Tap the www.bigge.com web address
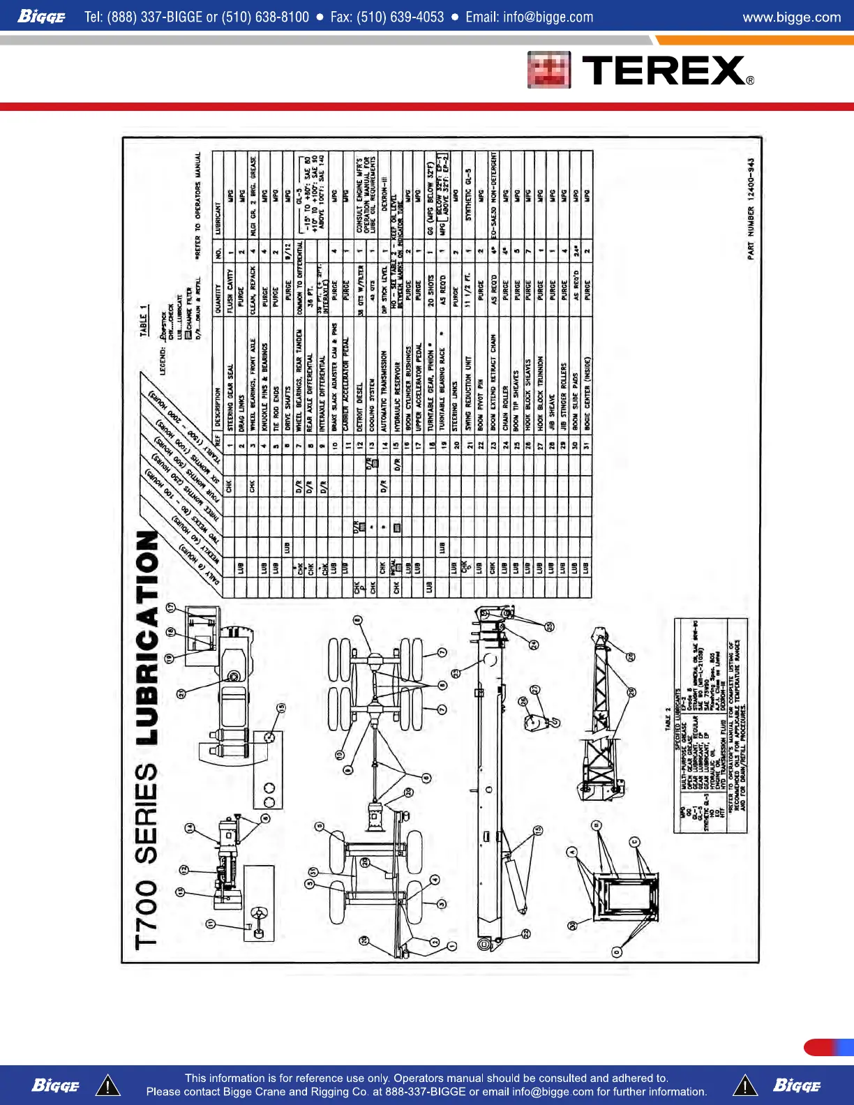pyautogui.click(x=791, y=17)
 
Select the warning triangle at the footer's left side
pyautogui.click(x=107, y=1085)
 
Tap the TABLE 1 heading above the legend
pyautogui.click(x=144, y=320)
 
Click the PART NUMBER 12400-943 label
pyautogui.click(x=751, y=209)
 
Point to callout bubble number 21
pyautogui.click(x=181, y=693)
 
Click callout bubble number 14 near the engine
pyautogui.click(x=189, y=828)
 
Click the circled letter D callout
pyautogui.click(x=616, y=952)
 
